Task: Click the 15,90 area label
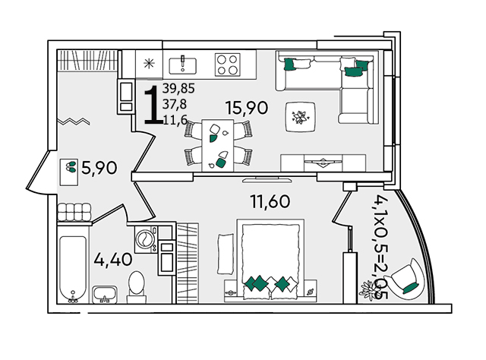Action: click(247, 108)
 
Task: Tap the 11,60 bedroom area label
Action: click(270, 201)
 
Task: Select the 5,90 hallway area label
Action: click(99, 168)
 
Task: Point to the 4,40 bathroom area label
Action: click(113, 259)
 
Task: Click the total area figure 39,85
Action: click(178, 88)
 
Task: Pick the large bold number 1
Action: click(153, 105)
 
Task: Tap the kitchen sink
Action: click(182, 65)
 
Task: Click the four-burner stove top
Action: click(228, 65)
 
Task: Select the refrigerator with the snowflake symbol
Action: click(149, 64)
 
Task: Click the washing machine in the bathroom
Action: click(146, 239)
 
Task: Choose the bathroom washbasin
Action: click(105, 295)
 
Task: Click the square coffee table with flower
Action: click(301, 117)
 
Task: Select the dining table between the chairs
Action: click(218, 145)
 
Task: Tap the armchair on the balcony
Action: click(407, 279)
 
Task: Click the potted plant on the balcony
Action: click(368, 289)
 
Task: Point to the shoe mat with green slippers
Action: click(68, 172)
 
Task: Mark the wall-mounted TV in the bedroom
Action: click(267, 180)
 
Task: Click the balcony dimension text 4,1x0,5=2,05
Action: click(381, 247)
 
